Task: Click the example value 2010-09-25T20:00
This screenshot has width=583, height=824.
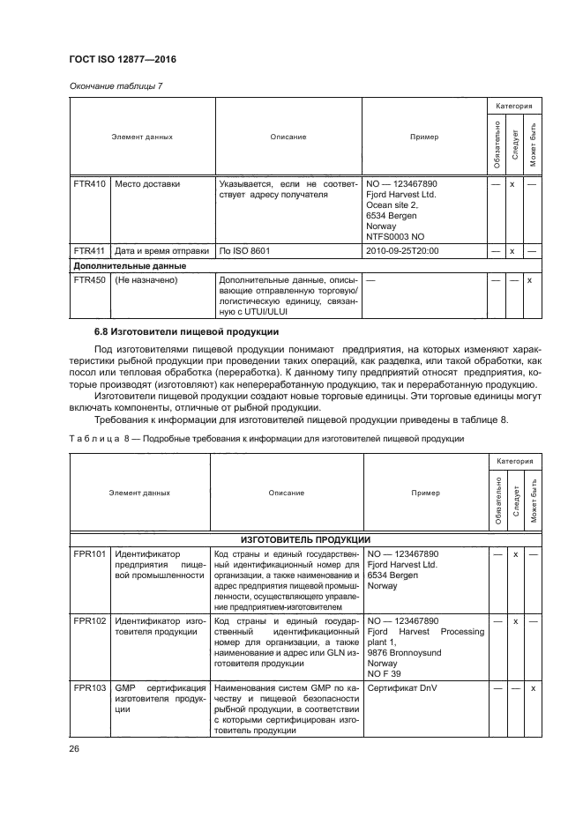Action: (x=401, y=250)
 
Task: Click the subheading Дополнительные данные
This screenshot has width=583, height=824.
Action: (x=129, y=264)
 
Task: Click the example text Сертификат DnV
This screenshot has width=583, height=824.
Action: (x=401, y=687)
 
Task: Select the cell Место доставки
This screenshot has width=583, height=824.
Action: (x=147, y=184)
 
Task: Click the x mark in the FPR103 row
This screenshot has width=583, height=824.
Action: (x=532, y=687)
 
